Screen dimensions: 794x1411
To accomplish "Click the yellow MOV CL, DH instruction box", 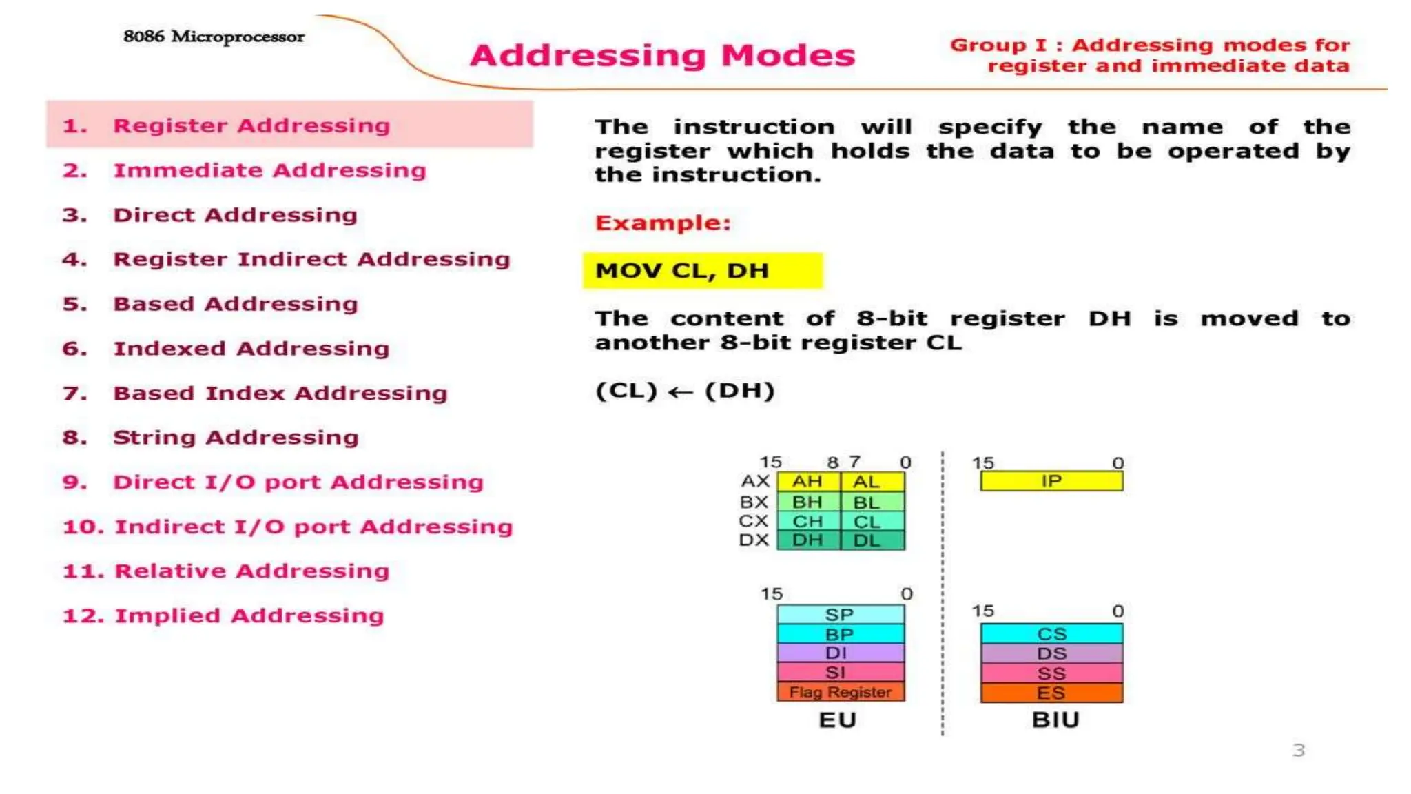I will click(x=702, y=271).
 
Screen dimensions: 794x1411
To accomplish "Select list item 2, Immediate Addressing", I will click(x=269, y=170).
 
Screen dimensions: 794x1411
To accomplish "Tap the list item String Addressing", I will click(x=236, y=438).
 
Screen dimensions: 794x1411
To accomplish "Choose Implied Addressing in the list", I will click(x=249, y=615).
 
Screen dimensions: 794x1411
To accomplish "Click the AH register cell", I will click(x=807, y=481).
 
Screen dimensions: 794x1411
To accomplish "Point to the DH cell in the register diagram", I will click(x=807, y=540).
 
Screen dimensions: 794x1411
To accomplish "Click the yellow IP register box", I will click(x=1051, y=481).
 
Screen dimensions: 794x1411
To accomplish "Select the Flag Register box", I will click(x=840, y=692).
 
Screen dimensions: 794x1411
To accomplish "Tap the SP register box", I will click(x=840, y=614).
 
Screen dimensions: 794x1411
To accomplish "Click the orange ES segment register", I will click(x=1051, y=693).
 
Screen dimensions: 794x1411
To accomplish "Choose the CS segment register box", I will click(x=1051, y=633).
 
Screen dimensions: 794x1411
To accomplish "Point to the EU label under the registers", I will click(x=838, y=720).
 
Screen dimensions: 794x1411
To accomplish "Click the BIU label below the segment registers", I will click(x=1055, y=720).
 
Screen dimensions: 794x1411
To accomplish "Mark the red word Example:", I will click(x=663, y=223).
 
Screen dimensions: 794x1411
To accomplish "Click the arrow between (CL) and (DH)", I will click(x=680, y=392).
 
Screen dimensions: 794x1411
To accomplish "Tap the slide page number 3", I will click(x=1299, y=750).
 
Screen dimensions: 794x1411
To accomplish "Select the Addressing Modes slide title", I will click(x=662, y=56).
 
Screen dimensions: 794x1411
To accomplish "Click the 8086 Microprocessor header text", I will click(x=214, y=37).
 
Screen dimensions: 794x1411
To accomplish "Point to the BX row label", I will click(x=754, y=502).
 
